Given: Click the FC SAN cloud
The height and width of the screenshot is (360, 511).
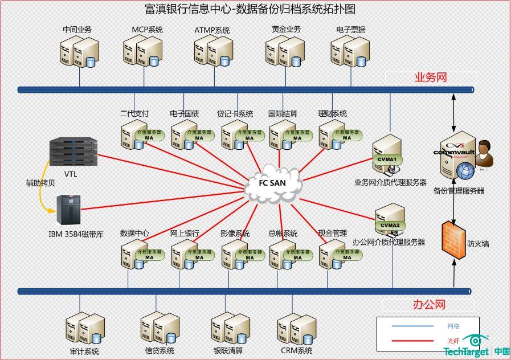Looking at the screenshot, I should [273, 183].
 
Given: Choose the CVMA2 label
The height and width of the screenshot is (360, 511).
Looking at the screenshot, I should [390, 225].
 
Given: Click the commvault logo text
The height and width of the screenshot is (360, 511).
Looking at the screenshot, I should [454, 152].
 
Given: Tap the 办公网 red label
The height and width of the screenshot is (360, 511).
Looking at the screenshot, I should [429, 305].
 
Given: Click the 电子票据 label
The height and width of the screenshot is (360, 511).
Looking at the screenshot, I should [351, 30].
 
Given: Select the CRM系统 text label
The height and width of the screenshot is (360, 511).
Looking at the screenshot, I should [297, 351].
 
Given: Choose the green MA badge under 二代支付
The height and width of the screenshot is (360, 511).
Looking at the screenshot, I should [150, 137].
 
